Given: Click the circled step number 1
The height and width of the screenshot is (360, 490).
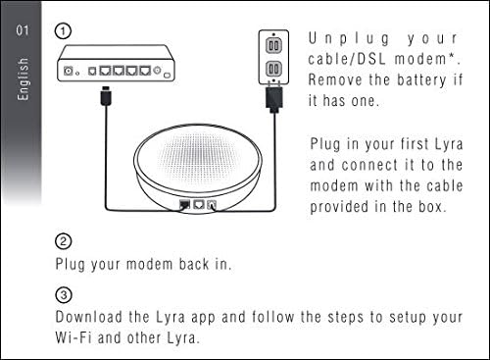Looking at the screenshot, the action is (x=63, y=31).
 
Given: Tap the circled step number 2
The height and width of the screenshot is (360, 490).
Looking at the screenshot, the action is (x=63, y=241).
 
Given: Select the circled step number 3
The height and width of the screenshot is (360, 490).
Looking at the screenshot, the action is (x=64, y=295).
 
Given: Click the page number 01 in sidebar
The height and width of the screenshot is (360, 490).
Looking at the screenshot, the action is (x=23, y=30).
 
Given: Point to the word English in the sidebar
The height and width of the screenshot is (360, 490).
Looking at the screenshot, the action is (x=23, y=79).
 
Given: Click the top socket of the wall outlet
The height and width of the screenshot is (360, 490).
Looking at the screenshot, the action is (x=273, y=45).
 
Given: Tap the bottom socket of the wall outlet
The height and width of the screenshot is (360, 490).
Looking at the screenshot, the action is (x=273, y=69).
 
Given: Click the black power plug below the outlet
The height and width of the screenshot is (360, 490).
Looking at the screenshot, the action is (x=274, y=98).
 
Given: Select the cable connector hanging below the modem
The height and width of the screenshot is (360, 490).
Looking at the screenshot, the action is (x=106, y=95).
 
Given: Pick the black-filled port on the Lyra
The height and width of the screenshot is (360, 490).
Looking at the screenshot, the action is (x=184, y=205).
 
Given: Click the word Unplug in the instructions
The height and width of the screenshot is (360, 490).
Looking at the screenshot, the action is (x=349, y=39).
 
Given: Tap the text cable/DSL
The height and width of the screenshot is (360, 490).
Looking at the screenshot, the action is (x=347, y=59).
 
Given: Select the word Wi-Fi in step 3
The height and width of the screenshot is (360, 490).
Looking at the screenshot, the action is (x=73, y=337).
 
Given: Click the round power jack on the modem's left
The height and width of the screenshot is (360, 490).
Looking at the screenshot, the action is (x=69, y=71).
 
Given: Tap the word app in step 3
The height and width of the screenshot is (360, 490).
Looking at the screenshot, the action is (x=203, y=318).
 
